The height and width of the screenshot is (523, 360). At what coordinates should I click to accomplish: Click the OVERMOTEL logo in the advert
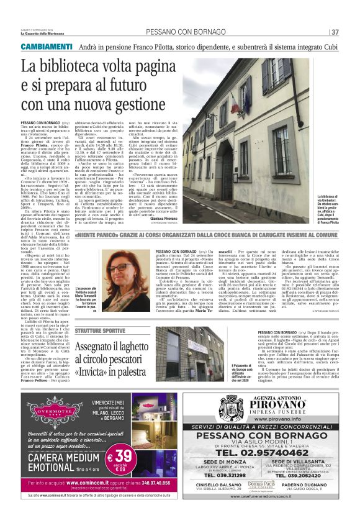tap(55, 411)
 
